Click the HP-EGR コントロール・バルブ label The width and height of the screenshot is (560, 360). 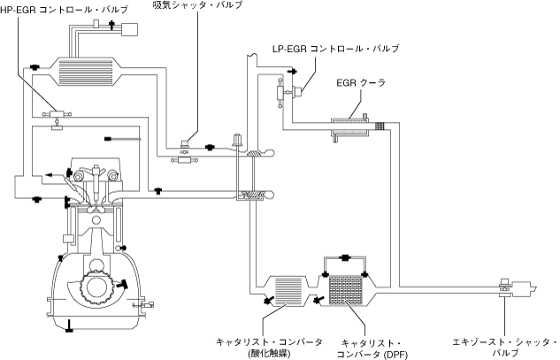64,10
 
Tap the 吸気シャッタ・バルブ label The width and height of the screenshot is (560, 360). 197,4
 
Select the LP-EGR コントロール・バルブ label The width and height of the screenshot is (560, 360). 335,49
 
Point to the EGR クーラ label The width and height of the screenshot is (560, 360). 361,83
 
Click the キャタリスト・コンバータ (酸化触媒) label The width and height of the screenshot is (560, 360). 269,348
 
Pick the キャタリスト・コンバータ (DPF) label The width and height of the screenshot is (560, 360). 372,349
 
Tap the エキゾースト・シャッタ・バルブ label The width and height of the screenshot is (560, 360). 504,347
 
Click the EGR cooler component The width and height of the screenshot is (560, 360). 350,126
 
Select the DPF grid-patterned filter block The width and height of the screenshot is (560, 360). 345,290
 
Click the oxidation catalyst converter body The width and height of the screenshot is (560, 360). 288,290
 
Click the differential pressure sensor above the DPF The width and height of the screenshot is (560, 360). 345,257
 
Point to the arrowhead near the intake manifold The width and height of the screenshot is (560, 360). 49,175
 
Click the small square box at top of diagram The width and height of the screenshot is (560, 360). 130,29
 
